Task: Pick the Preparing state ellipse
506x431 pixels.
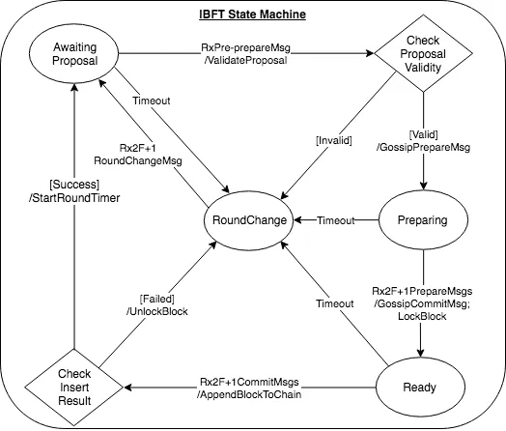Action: [422, 220]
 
